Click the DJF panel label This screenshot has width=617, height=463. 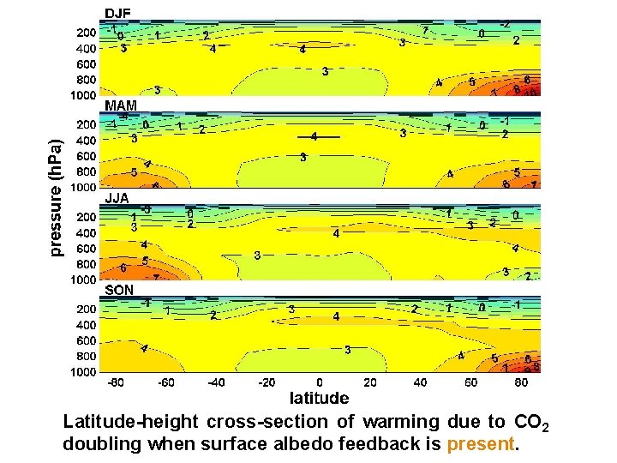117,13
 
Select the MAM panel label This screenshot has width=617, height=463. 120,105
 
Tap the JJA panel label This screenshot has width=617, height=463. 117,198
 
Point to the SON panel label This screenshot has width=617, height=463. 119,291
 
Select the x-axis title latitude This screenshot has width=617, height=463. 319,398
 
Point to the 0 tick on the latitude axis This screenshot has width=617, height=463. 320,382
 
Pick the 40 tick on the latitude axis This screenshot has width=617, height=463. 420,382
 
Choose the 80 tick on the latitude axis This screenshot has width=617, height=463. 521,382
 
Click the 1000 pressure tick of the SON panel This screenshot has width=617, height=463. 83,372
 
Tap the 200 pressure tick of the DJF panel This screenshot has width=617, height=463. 86,33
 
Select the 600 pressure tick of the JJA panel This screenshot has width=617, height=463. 86,249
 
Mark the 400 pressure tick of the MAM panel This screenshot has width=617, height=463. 86,141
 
